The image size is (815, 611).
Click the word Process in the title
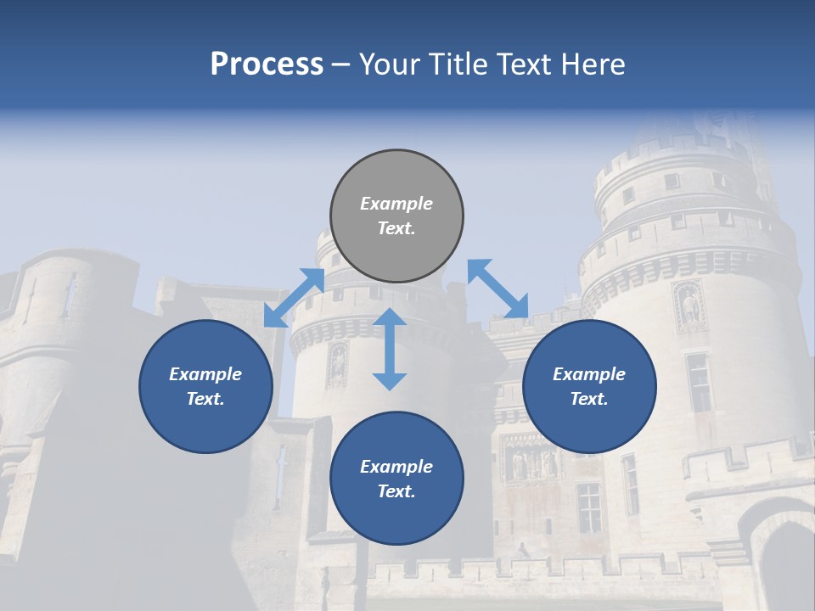267,64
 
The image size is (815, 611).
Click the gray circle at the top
396,216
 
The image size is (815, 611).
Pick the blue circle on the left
205,386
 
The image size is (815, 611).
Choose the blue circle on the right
589,386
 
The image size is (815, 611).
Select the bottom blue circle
396,479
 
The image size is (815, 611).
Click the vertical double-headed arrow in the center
390,349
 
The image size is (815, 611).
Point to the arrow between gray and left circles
294,297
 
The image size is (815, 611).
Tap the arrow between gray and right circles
498,289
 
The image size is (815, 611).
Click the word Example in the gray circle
396,204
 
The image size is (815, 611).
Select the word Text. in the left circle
205,399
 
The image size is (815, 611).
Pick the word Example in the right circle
589,374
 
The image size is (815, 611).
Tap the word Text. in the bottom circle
396,491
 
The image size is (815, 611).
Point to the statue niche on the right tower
689,307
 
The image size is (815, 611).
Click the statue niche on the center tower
338,363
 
